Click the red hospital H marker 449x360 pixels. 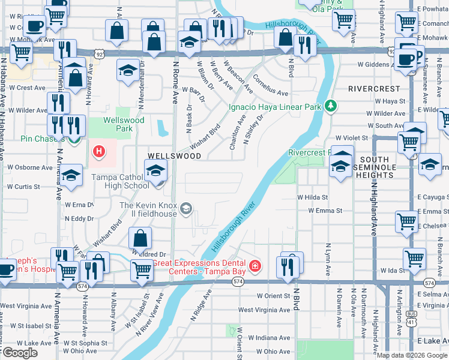[x=98, y=151]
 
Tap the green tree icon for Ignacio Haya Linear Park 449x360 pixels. [x=330, y=106]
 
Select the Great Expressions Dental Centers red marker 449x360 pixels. [x=255, y=265]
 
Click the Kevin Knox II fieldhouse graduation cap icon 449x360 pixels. [x=186, y=208]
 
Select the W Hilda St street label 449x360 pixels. [x=313, y=197]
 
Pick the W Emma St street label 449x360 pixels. [x=325, y=211]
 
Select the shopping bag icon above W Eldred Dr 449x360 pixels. [x=140, y=238]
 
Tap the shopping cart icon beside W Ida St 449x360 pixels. [x=414, y=259]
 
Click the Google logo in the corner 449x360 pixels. [x=20, y=353]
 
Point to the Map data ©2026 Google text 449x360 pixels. [x=412, y=355]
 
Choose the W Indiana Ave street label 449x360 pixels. [x=269, y=338]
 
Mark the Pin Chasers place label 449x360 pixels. [x=25, y=139]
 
